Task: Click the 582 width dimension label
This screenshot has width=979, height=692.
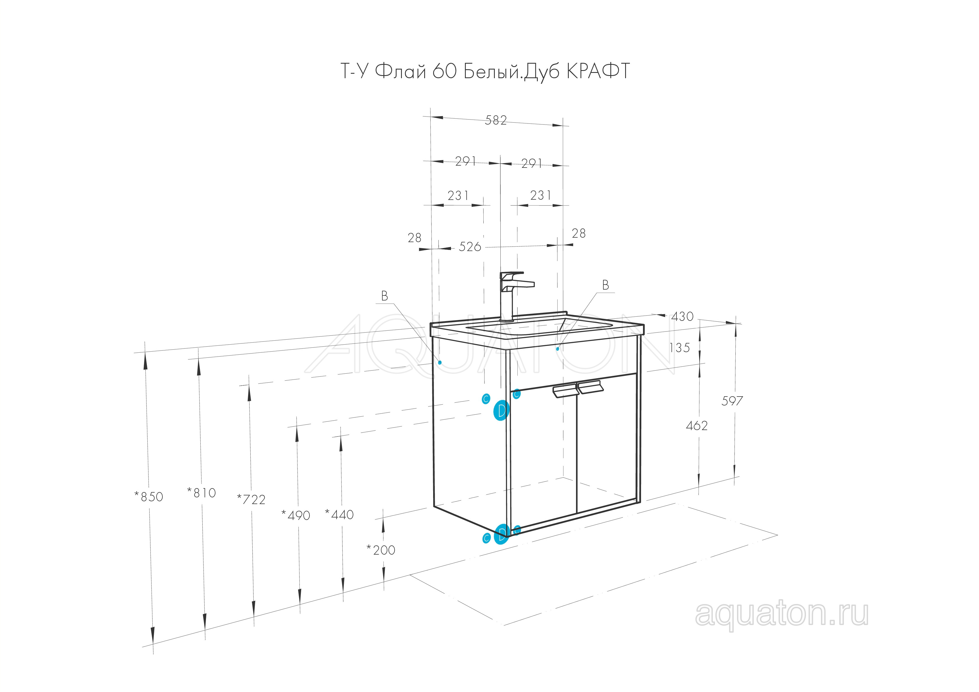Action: click(496, 120)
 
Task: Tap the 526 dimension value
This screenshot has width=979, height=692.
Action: click(470, 247)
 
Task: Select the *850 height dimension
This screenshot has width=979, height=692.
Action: click(149, 497)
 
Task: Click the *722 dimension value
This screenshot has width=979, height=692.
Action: click(251, 499)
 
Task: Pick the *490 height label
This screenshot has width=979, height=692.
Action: click(296, 516)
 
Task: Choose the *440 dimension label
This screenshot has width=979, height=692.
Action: click(339, 514)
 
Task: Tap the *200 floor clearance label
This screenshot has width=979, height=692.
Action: click(381, 550)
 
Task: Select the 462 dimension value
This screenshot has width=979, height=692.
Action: click(697, 425)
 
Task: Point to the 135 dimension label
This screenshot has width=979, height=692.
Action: click(679, 348)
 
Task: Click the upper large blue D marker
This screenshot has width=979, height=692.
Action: click(502, 411)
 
